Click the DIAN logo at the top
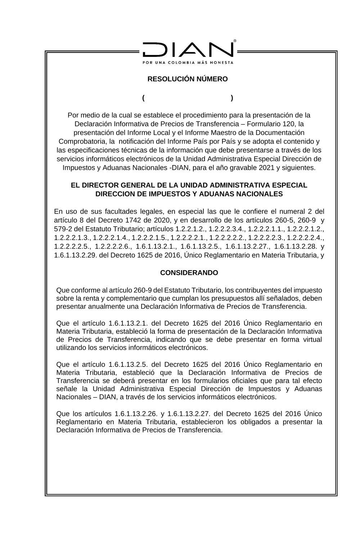tap(188, 49)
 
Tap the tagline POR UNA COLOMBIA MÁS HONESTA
tap(188, 62)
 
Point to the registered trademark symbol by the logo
tap(235, 41)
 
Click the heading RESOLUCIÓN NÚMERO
tap(188, 79)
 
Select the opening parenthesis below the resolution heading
tap(143, 98)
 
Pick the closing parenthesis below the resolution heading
tap(232, 98)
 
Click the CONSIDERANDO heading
tap(189, 273)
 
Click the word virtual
tap(310, 340)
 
